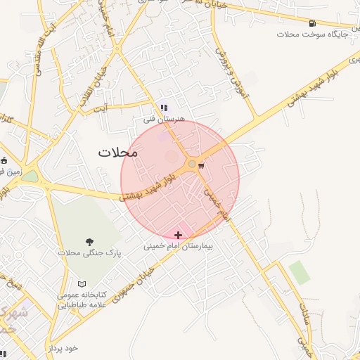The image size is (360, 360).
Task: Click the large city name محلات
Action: [118, 152]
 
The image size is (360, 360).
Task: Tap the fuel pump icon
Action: [311, 22]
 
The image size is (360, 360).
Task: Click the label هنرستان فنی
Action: [164, 119]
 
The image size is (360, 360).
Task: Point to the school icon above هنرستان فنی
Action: [164, 108]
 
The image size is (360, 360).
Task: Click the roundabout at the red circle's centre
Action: [191, 165]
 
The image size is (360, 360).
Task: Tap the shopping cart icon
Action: [202, 166]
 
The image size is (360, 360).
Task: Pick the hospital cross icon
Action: [178, 235]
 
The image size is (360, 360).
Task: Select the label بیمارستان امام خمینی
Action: [178, 247]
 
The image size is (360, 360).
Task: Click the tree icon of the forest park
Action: [89, 242]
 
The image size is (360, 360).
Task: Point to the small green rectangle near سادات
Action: [300, 272]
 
